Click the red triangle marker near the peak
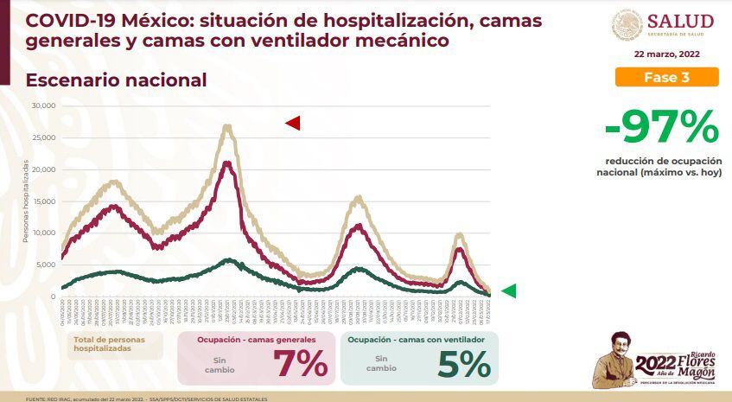point(293,124)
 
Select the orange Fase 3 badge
point(666,77)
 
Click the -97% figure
point(662,130)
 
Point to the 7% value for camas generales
point(300,364)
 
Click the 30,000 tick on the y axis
point(43,105)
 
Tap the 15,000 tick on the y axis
point(43,201)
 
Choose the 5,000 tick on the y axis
point(45,265)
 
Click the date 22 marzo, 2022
point(666,54)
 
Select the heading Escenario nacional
point(116,80)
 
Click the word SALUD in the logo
point(680,21)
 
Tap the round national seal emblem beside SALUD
point(627,25)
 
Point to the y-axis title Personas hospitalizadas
point(25,201)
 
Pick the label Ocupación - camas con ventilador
point(416,340)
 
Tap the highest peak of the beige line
point(226,126)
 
